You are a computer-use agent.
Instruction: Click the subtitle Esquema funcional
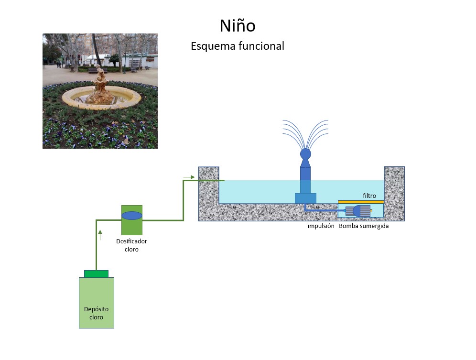237,46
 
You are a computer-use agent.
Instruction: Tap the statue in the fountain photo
100,87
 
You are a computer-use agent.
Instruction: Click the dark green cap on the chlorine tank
96,273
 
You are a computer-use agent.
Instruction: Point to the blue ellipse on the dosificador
132,215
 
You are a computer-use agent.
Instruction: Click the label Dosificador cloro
131,245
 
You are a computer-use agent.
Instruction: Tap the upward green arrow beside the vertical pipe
100,235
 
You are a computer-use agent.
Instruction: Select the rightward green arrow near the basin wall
189,177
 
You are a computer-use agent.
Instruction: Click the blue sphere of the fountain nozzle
305,154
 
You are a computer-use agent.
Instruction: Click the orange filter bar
361,202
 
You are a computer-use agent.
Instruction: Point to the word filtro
369,196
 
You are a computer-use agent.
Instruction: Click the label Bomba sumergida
364,226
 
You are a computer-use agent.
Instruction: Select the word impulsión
321,226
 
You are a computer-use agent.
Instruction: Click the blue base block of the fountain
305,198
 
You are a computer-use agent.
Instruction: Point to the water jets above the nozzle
305,131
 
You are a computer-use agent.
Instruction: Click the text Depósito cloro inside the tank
96,313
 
